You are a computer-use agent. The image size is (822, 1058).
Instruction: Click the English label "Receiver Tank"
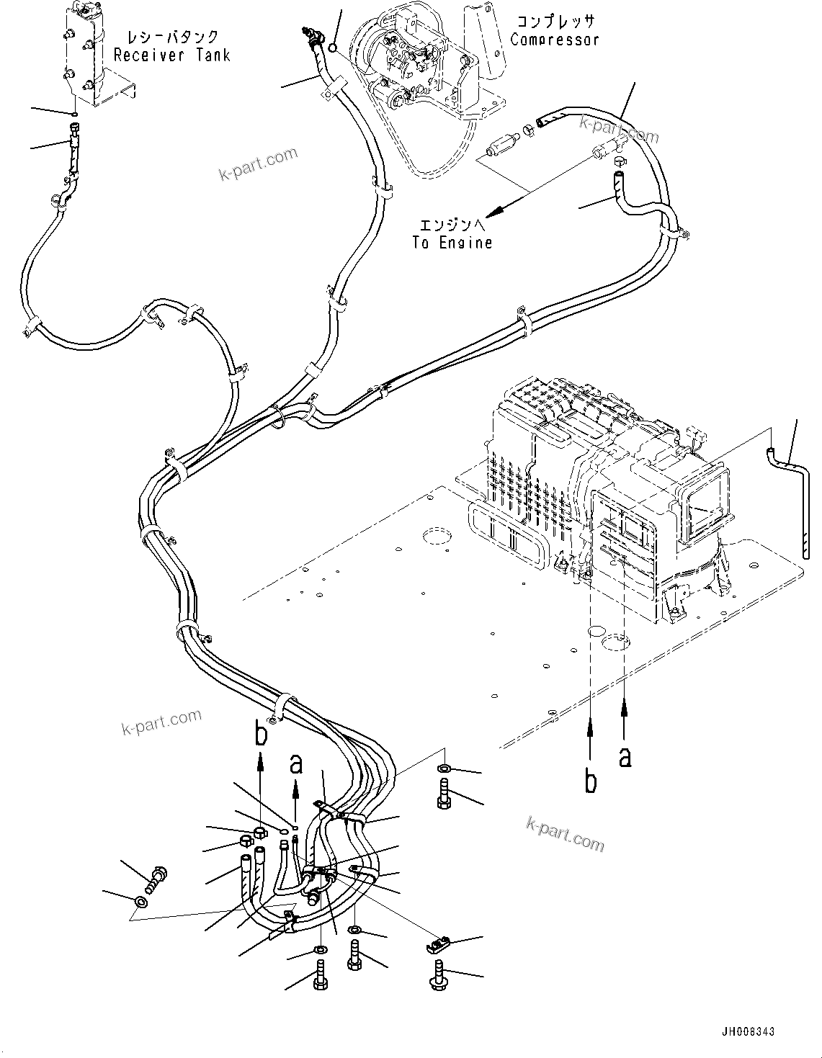pyautogui.click(x=172, y=55)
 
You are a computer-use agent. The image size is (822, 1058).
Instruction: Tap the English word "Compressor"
pyautogui.click(x=555, y=40)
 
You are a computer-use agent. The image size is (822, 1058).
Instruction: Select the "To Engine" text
pyautogui.click(x=452, y=242)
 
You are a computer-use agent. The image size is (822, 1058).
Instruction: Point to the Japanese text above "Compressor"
pyautogui.click(x=555, y=22)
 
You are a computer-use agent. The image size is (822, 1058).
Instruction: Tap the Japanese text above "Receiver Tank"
pyautogui.click(x=172, y=37)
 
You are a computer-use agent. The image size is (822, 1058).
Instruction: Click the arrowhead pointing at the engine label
pyautogui.click(x=496, y=210)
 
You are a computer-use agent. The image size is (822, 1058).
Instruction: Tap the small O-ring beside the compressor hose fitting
pyautogui.click(x=332, y=48)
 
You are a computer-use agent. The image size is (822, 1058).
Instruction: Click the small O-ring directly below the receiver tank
pyautogui.click(x=73, y=115)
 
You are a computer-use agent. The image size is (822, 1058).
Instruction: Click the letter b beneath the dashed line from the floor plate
pyautogui.click(x=590, y=781)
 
